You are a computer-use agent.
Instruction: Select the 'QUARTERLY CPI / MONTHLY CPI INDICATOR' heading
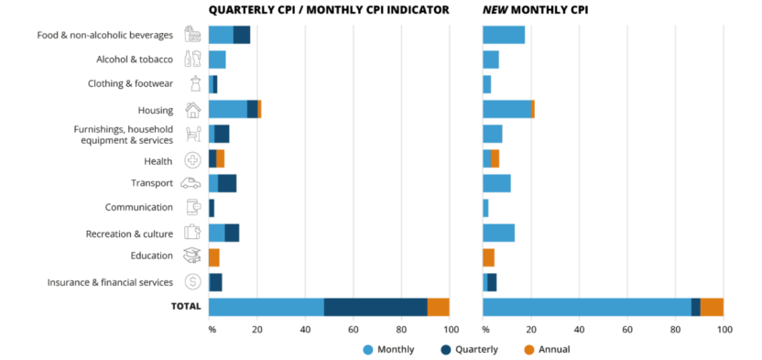click(x=329, y=10)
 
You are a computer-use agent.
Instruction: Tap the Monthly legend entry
click(x=389, y=349)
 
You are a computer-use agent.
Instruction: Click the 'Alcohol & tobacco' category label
click(x=135, y=60)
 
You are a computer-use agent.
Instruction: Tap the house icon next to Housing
click(x=192, y=109)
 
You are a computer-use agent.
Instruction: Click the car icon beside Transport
click(x=192, y=183)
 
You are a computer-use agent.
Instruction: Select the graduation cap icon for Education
click(x=192, y=257)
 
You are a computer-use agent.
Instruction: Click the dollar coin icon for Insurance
click(x=192, y=282)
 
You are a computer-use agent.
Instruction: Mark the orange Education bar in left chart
click(x=213, y=257)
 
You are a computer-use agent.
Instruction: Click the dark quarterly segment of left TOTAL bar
click(x=376, y=307)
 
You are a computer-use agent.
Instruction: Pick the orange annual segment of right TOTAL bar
click(x=712, y=307)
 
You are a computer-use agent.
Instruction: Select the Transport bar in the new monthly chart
click(x=496, y=183)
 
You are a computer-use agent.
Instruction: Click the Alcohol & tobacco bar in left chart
click(x=217, y=60)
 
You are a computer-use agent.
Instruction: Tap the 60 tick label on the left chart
click(x=353, y=329)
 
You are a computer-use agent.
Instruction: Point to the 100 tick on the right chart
click(x=724, y=329)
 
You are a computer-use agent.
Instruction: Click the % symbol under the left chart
click(x=212, y=329)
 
